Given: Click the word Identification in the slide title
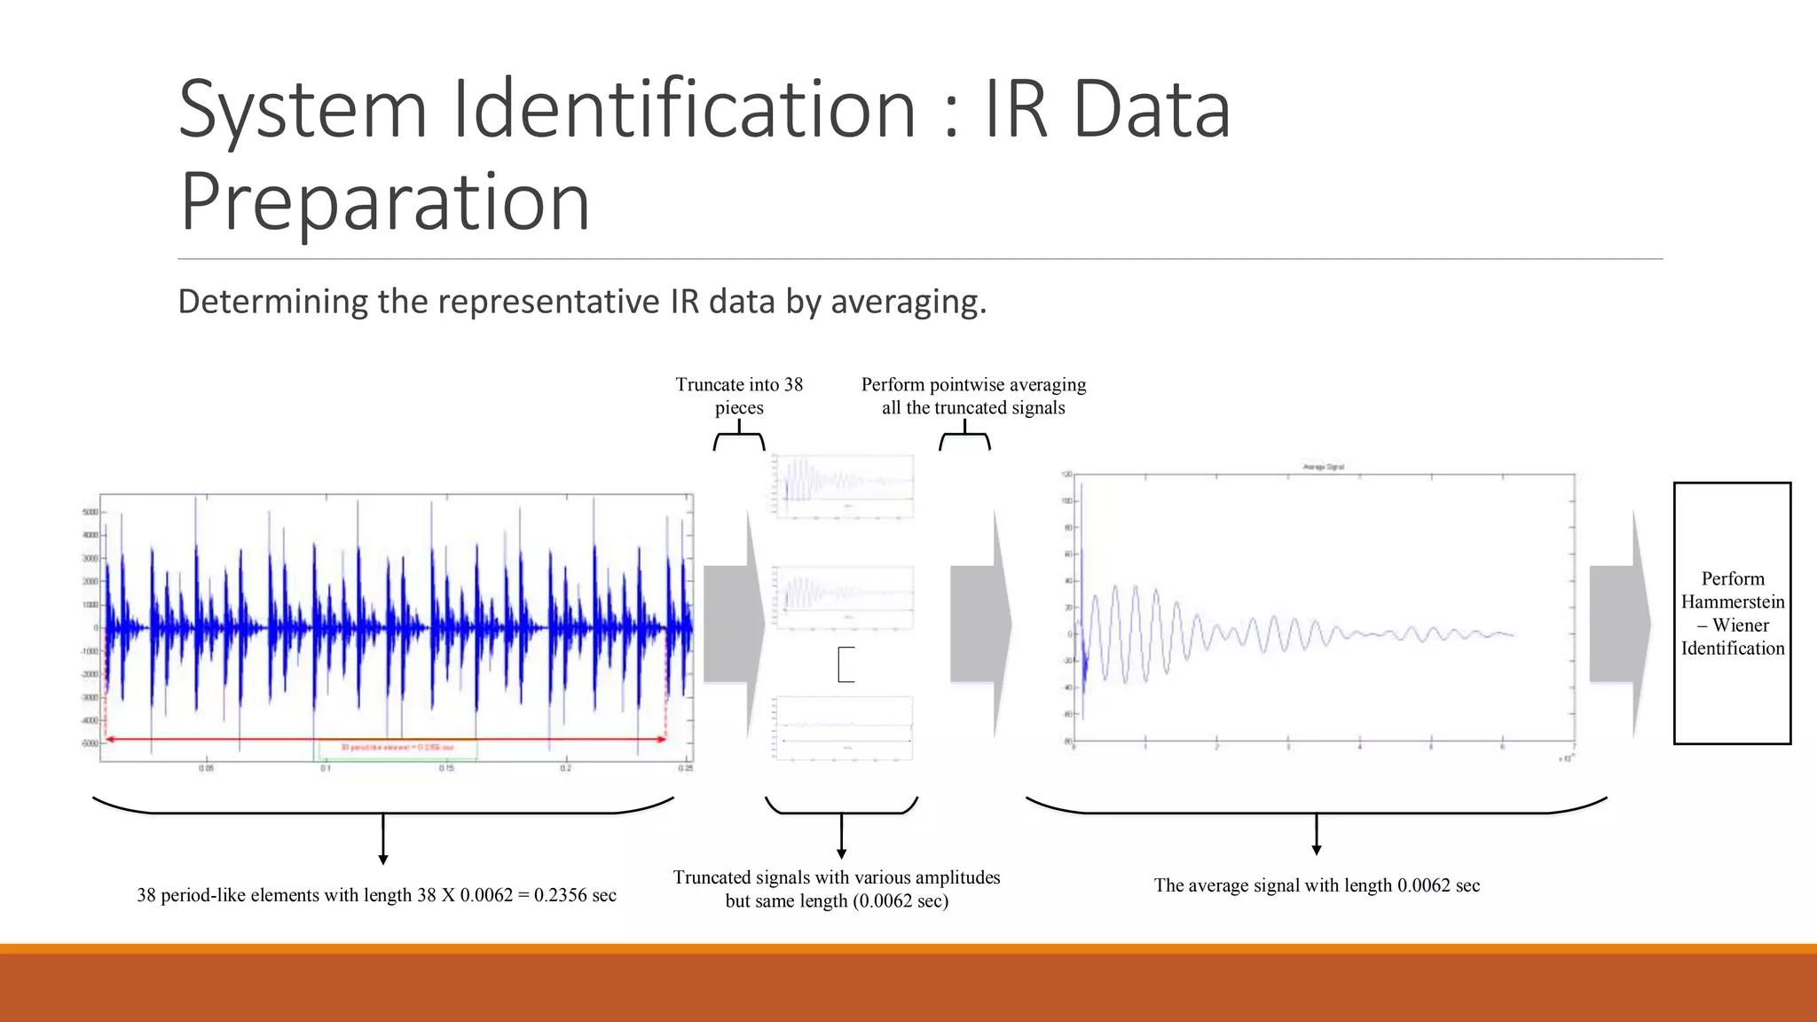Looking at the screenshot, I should click(684, 110).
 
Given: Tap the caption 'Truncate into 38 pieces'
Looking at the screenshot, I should click(739, 396).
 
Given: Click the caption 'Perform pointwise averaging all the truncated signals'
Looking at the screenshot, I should click(973, 396).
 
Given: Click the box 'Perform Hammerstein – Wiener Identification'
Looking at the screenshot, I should click(1732, 613).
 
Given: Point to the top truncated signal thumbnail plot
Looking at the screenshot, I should click(843, 485).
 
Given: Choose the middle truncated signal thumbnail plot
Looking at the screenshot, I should click(843, 597).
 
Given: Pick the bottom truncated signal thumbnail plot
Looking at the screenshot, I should click(843, 727).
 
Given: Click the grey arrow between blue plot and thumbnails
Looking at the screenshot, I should click(733, 624).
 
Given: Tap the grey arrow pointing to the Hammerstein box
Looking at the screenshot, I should click(1618, 624).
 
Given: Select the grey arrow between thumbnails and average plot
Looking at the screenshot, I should click(979, 624).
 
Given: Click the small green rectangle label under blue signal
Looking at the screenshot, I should click(397, 749).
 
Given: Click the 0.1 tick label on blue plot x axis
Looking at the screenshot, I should click(326, 768).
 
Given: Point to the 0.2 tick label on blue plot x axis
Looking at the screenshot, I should click(566, 768).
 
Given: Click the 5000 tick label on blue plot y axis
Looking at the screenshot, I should click(90, 513).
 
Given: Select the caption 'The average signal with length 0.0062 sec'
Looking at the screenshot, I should click(1317, 885).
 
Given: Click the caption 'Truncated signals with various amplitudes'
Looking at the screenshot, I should click(836, 877).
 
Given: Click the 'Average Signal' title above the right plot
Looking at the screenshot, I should click(1323, 467).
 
